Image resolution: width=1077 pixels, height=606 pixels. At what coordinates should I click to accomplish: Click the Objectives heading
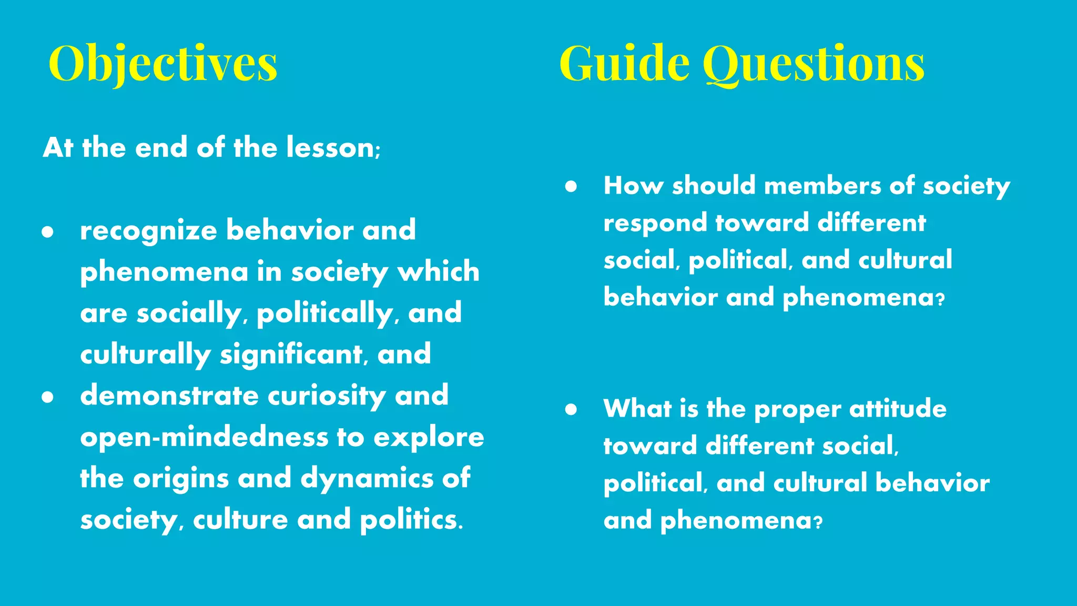pyautogui.click(x=162, y=64)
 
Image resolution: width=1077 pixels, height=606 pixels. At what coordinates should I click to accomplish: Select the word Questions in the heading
pyautogui.click(x=814, y=64)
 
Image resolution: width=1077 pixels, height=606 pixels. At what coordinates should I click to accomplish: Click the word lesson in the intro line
pyautogui.click(x=330, y=147)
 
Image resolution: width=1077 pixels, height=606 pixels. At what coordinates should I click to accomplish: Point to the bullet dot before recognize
pyautogui.click(x=48, y=232)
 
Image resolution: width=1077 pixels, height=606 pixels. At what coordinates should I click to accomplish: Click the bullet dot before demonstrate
pyautogui.click(x=48, y=397)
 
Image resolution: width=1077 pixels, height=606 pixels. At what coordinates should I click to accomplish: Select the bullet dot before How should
pyautogui.click(x=571, y=187)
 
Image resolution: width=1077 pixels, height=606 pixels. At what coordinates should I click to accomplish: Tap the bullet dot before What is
pyautogui.click(x=571, y=409)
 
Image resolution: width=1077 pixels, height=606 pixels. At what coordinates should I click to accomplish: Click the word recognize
pyautogui.click(x=148, y=231)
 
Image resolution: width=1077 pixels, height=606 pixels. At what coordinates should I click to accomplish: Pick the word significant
pyautogui.click(x=291, y=354)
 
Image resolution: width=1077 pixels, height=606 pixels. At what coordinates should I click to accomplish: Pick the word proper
pyautogui.click(x=797, y=410)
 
